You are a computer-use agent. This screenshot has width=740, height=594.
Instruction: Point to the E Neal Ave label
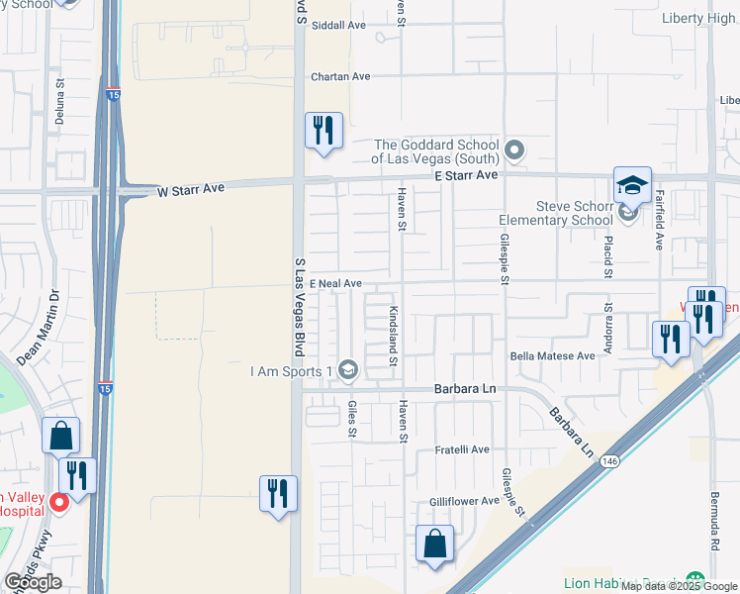tap(335, 283)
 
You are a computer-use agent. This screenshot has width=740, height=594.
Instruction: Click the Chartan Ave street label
tap(339, 76)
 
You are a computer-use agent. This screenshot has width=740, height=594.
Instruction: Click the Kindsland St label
tap(393, 337)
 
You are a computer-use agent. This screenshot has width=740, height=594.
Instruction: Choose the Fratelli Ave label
tap(463, 449)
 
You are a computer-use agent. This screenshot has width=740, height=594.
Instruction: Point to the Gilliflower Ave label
tap(464, 501)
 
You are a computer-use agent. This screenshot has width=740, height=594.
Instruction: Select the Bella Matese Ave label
tap(552, 355)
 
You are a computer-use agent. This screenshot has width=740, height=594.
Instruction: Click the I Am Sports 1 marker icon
tap(347, 371)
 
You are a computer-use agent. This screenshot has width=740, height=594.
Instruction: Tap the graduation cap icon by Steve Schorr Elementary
tap(632, 185)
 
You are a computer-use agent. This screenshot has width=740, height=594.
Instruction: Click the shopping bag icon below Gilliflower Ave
tap(434, 544)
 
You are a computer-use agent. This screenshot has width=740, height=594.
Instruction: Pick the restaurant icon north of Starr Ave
tap(324, 130)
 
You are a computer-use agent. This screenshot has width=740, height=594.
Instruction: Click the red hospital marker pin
tap(58, 503)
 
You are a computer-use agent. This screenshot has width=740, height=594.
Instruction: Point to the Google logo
tap(33, 582)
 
